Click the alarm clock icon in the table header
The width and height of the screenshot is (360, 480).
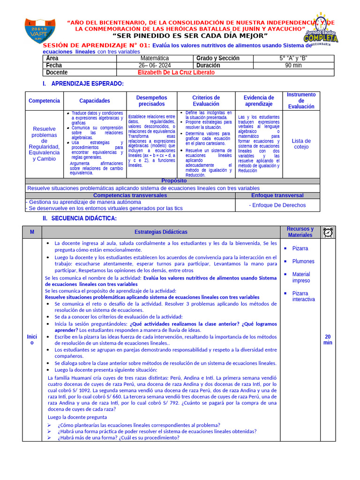pyautogui.click(x=328, y=232)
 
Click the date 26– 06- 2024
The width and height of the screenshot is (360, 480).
pyautogui.click(x=155, y=66)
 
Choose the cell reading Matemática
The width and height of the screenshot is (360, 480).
pyautogui.click(x=155, y=59)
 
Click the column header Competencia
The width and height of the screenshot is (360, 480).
pyautogui.click(x=45, y=101)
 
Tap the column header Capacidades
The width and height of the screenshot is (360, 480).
pyautogui.click(x=95, y=101)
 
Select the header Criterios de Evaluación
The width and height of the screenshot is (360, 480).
pyautogui.click(x=206, y=101)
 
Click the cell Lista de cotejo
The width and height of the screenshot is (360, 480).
pyautogui.click(x=301, y=144)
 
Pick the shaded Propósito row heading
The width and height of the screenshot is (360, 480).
pyautogui.click(x=173, y=181)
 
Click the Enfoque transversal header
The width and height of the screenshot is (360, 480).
pyautogui.click(x=277, y=195)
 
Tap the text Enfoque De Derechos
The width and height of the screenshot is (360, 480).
pyautogui.click(x=277, y=205)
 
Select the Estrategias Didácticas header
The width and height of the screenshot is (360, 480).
pyautogui.click(x=161, y=232)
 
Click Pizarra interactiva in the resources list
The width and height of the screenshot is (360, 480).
pyautogui.click(x=303, y=296)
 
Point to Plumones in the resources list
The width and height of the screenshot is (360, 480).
pyautogui.click(x=303, y=262)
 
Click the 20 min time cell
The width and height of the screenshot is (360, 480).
pyautogui.click(x=328, y=339)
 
